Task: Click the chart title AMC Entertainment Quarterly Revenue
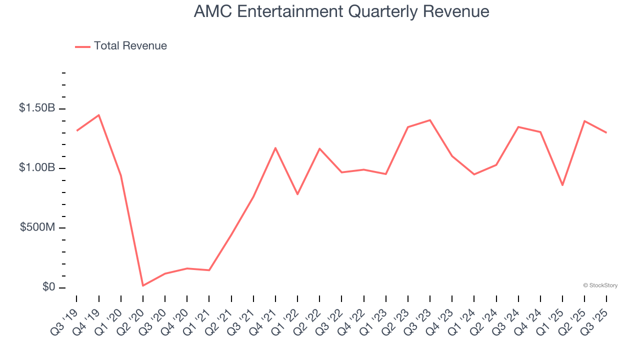[x=341, y=11]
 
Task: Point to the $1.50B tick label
[x=36, y=108]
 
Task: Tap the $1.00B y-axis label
[x=36, y=168]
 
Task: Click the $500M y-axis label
[x=37, y=227]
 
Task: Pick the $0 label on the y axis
[x=48, y=287]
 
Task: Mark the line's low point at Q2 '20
[x=143, y=285]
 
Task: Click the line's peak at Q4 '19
[x=99, y=115]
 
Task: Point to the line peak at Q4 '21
[x=275, y=148]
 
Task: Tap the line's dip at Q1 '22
[x=297, y=194]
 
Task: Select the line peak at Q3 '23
[x=430, y=120]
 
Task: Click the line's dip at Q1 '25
[x=562, y=185]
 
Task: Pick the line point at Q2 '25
[x=584, y=121]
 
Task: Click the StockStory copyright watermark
[x=600, y=285]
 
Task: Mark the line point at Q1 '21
[x=209, y=270]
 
